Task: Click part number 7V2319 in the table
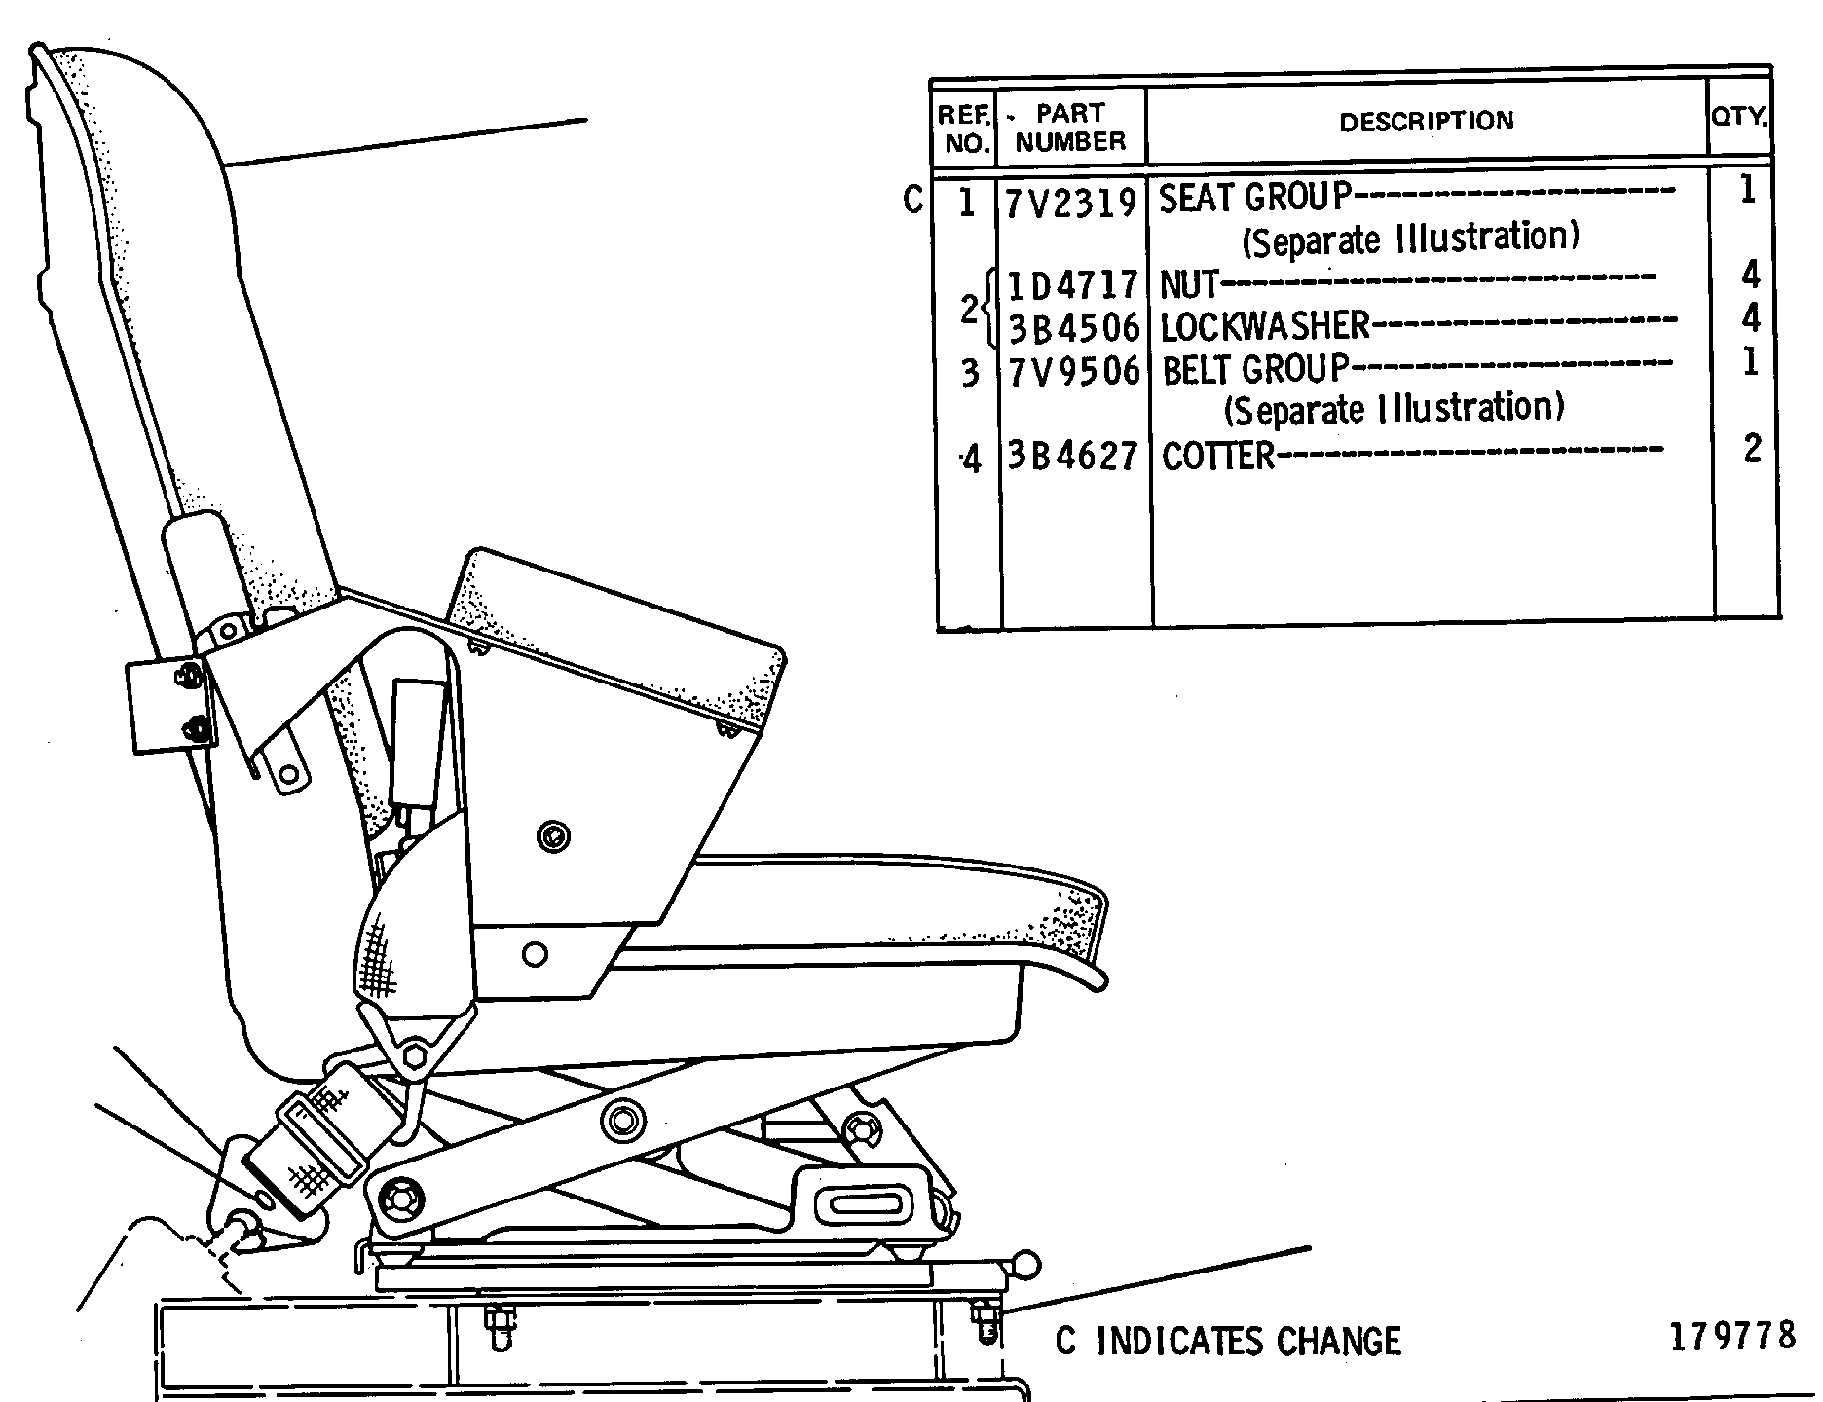(x=1071, y=203)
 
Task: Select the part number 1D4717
(x=1072, y=285)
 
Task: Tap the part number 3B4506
(x=1073, y=328)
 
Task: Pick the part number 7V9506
(x=1073, y=371)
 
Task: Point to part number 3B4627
(x=1072, y=455)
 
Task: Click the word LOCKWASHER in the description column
(x=1265, y=327)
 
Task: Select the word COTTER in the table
(x=1218, y=456)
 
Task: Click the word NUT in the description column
(x=1189, y=285)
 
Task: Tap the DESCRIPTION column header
(x=1427, y=122)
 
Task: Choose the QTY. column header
(x=1739, y=117)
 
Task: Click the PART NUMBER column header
(x=1070, y=128)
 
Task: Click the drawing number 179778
(x=1732, y=1336)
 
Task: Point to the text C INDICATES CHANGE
(x=1228, y=1342)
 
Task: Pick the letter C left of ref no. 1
(x=911, y=200)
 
